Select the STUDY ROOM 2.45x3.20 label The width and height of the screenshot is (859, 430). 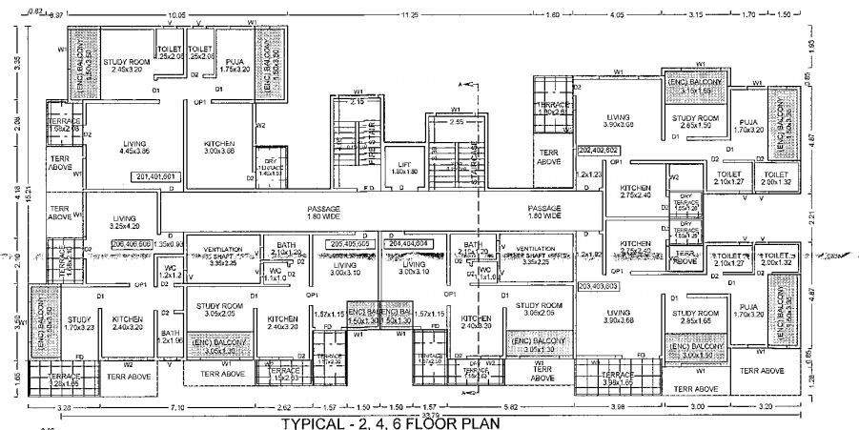pos(126,65)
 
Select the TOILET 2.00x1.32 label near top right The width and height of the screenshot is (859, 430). pos(775,179)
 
